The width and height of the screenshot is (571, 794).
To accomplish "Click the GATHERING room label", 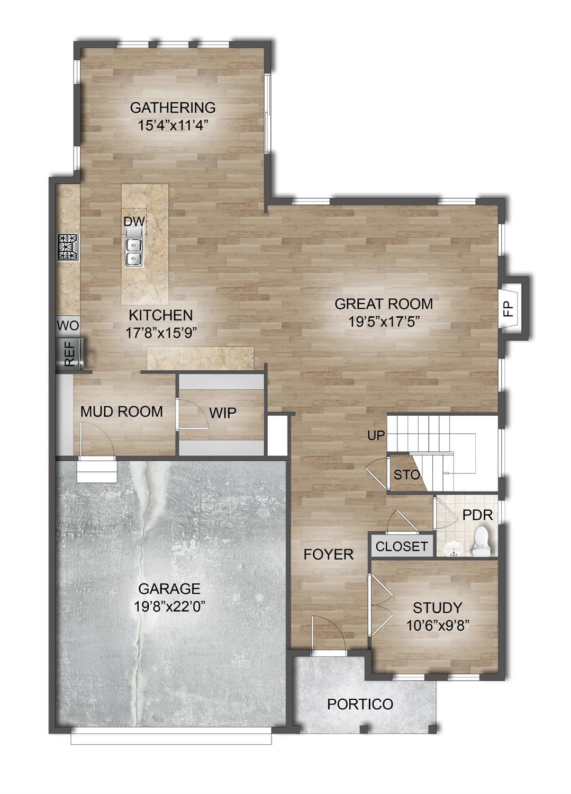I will point(173,108).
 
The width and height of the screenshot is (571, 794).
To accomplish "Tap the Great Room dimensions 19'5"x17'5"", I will point(384,321).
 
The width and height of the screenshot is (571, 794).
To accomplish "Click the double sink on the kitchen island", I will point(133,252).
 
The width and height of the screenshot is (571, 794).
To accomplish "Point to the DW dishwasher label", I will point(134,221).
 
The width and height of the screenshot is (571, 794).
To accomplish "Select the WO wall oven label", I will point(67,325).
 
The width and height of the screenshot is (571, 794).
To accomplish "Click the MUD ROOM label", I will point(121,412).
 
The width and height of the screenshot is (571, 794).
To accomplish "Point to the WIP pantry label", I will point(222,413).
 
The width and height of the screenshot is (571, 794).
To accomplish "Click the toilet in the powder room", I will point(481,541).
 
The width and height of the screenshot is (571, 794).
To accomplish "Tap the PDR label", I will point(477,515).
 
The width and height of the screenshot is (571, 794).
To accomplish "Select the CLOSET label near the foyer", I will point(401,546).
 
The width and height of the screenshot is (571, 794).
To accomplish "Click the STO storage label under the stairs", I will point(406,475).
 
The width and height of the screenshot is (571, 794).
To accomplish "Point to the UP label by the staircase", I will point(377,436).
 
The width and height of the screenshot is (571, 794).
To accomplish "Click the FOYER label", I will point(328,555).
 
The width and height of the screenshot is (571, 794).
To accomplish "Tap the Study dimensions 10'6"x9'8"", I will point(438,625).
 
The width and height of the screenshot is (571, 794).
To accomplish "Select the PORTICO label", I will point(360,704).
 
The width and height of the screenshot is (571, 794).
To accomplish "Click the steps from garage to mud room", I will point(96,471).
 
